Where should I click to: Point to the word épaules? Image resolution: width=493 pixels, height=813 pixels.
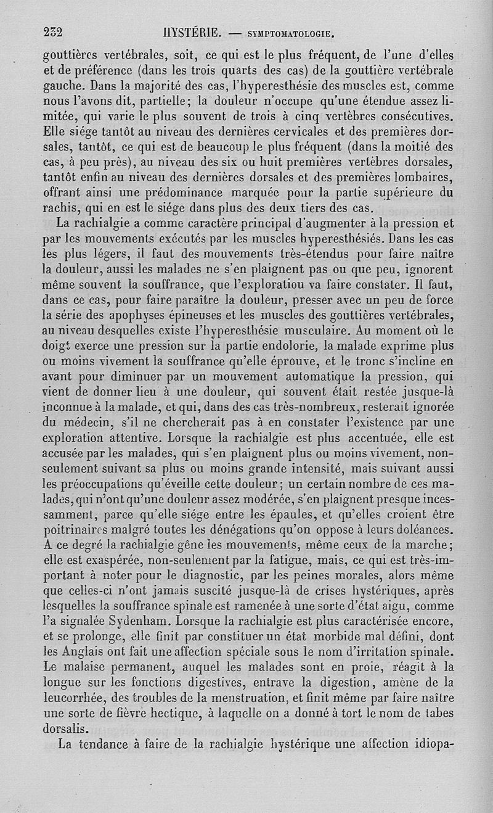273,515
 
